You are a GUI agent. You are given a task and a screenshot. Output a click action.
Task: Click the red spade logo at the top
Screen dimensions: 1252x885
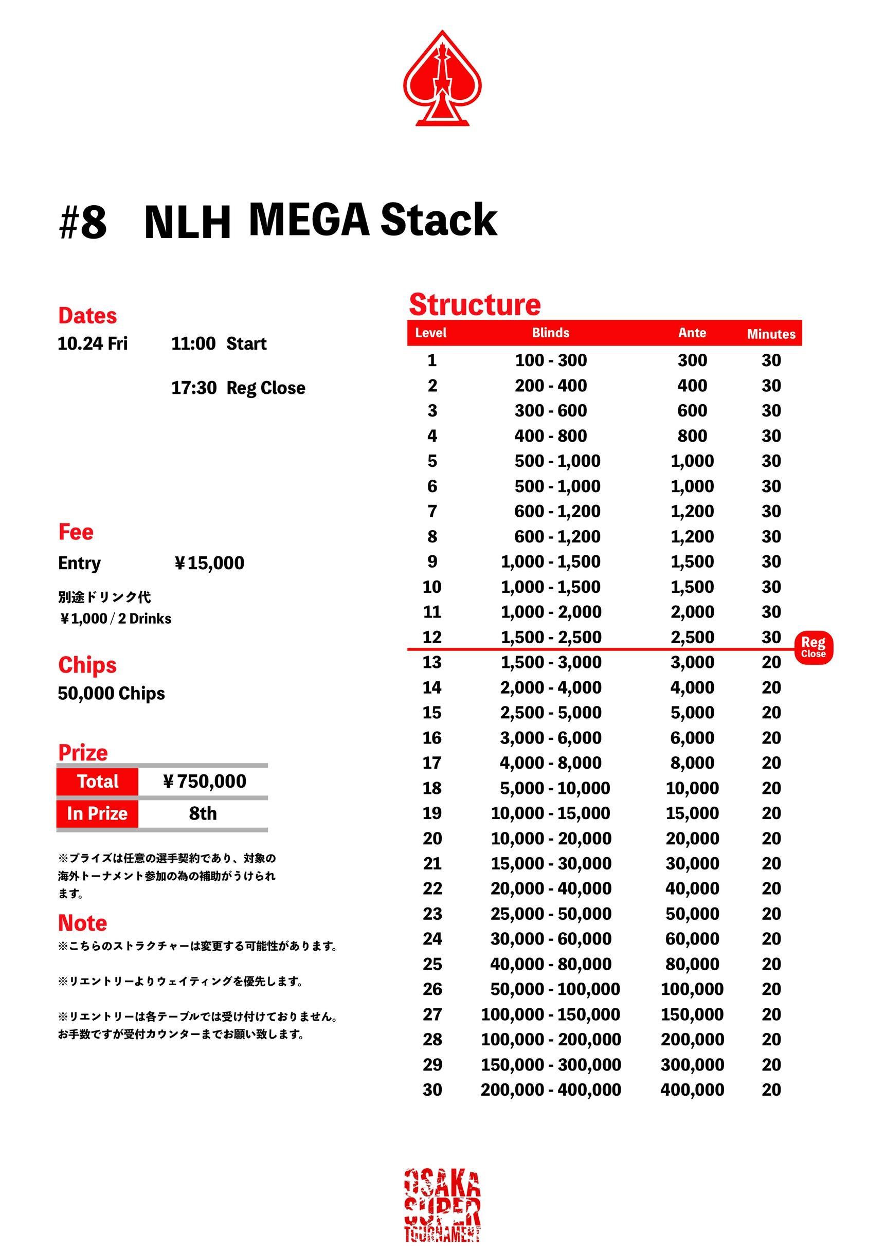pyautogui.click(x=442, y=79)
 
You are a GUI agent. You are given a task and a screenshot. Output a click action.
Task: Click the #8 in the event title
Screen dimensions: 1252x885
pyautogui.click(x=82, y=223)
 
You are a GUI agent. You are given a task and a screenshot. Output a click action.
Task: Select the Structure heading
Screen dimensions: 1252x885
pyautogui.click(x=475, y=304)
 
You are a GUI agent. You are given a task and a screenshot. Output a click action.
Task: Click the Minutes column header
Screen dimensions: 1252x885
pyautogui.click(x=770, y=334)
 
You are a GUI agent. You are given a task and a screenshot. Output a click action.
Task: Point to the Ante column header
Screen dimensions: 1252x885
pyautogui.click(x=692, y=333)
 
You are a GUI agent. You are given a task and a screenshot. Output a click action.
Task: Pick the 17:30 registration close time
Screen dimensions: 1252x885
pyautogui.click(x=193, y=388)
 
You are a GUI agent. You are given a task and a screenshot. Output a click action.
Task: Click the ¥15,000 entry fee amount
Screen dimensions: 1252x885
pyautogui.click(x=209, y=563)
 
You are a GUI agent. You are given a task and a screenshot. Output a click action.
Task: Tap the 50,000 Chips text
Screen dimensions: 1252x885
pyautogui.click(x=111, y=693)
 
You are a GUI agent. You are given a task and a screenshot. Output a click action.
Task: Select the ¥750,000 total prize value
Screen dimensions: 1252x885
pyautogui.click(x=205, y=781)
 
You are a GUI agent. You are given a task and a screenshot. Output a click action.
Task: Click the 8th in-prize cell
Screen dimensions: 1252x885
pyautogui.click(x=203, y=813)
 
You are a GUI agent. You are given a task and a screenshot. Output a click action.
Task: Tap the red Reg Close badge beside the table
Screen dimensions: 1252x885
pyautogui.click(x=813, y=647)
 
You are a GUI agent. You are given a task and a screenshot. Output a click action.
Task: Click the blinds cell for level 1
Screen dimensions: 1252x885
pyautogui.click(x=551, y=360)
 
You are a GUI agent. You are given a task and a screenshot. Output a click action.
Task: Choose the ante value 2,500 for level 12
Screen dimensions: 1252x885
pyautogui.click(x=692, y=637)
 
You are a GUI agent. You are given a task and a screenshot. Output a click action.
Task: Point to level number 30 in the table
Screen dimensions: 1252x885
pyautogui.click(x=432, y=1090)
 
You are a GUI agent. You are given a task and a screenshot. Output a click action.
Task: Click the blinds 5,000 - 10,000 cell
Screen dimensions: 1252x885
pyautogui.click(x=554, y=788)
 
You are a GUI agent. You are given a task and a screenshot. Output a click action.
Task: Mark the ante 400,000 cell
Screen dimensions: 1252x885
pyautogui.click(x=692, y=1090)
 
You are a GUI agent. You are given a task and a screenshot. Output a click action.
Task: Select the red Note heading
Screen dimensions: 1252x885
pyautogui.click(x=82, y=922)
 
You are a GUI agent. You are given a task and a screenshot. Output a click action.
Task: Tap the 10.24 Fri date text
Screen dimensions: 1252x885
pyautogui.click(x=93, y=343)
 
